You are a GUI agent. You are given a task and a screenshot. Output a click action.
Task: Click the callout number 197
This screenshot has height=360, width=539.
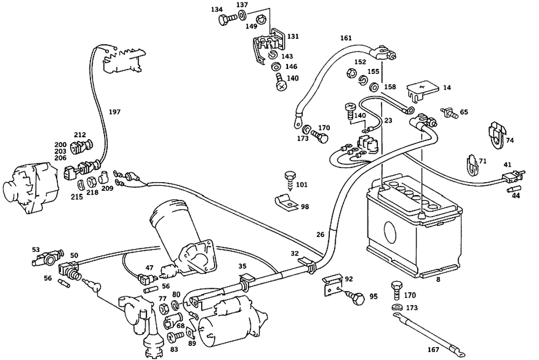click(114, 112)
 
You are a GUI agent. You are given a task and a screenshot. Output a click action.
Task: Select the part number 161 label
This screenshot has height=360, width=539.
click(345, 39)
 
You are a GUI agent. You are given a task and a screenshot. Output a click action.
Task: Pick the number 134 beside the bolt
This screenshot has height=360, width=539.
click(217, 10)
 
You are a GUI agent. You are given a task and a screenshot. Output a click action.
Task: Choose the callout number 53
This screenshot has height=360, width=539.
click(36, 250)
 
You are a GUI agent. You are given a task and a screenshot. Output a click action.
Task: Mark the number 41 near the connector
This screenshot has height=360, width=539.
click(507, 164)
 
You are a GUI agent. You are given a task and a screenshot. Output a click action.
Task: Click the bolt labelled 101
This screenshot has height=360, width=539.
click(289, 178)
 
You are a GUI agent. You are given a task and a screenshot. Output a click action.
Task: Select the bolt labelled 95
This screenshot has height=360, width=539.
click(357, 296)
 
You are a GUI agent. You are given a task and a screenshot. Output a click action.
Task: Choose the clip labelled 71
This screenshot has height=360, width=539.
click(472, 164)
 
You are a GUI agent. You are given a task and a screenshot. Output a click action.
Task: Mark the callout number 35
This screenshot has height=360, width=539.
click(243, 266)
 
